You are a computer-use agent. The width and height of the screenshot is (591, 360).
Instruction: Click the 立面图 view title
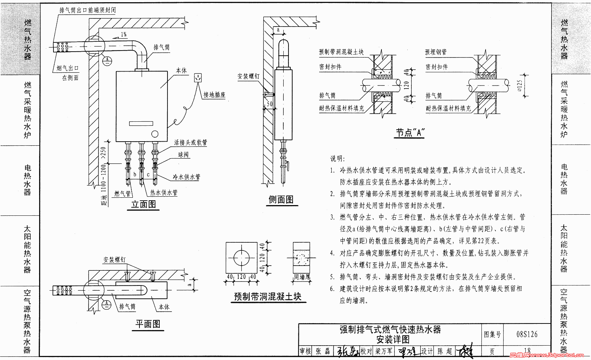pos(144,204)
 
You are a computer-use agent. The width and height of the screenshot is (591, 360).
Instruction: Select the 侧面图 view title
pos(281,200)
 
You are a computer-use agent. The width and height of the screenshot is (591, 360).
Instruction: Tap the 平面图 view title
pos(148,324)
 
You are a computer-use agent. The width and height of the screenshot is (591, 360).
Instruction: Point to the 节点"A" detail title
pos(410,132)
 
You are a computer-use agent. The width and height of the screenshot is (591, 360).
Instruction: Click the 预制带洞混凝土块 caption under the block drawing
pos(267,297)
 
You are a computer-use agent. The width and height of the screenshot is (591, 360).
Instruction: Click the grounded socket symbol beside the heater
pos(198,78)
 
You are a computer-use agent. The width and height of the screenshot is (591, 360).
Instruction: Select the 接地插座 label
pos(214,95)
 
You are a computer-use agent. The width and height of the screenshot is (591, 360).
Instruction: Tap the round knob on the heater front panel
pos(155,134)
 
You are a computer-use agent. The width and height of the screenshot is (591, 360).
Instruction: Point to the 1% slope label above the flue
pos(124,35)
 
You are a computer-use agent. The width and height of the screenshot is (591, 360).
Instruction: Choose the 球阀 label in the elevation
pos(183,155)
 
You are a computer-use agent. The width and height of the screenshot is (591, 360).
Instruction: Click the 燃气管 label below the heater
pos(122,193)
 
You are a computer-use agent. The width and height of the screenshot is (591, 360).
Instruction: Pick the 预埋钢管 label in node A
pos(436,52)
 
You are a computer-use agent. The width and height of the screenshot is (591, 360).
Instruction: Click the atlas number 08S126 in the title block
pos(527,334)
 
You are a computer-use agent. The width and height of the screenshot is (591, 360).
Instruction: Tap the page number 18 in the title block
pos(527,351)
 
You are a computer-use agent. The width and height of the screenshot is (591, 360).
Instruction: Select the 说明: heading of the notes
pos(337,159)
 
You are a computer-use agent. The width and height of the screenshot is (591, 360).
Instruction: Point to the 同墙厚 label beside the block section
pos(302,277)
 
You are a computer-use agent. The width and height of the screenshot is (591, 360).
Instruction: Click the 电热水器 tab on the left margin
pos(27,180)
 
